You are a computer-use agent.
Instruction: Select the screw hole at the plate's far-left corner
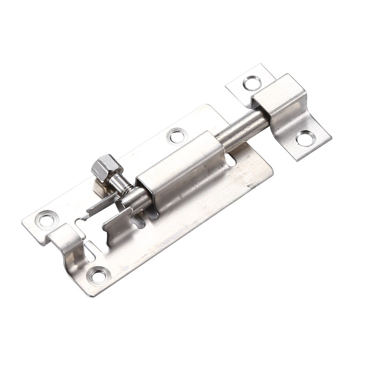tap(46, 218)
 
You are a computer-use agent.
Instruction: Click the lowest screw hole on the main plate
tap(98, 276)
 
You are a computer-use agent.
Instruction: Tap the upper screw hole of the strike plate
tap(252, 83)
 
